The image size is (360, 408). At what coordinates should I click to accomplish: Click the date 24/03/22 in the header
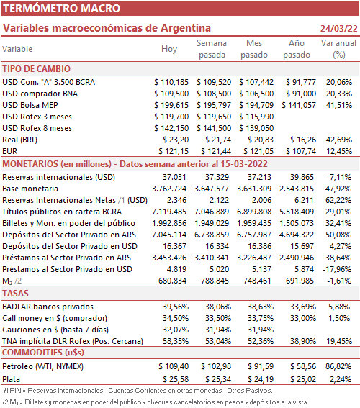coord(339,28)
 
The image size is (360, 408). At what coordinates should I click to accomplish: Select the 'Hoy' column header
coord(169,49)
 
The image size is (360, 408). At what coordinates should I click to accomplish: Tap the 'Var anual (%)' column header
coord(338,49)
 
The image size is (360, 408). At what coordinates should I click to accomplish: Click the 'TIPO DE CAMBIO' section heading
coord(37,68)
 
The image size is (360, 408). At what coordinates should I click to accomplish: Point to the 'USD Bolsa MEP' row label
coord(30,105)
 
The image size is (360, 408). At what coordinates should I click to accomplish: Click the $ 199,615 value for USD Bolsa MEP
coord(171,105)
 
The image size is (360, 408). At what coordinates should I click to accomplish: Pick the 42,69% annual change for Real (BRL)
coord(339,140)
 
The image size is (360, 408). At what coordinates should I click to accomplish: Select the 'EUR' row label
coord(10,151)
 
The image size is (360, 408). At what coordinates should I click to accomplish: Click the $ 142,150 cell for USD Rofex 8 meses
coord(171,128)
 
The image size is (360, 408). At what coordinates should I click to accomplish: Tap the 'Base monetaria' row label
coord(30,189)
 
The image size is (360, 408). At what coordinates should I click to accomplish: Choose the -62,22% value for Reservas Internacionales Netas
coord(337,200)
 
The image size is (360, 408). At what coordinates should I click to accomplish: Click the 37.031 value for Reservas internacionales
coord(174,177)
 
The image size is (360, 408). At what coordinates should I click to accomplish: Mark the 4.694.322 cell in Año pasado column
coord(297,235)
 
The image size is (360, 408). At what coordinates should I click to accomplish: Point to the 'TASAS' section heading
coord(15,294)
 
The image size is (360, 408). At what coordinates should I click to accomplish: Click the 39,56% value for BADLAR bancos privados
coord(176,307)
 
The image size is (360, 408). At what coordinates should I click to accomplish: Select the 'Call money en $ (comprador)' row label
coord(55,318)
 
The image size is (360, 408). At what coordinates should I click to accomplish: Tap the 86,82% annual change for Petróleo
coord(338,366)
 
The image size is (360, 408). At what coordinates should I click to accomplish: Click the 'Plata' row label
coord(12,379)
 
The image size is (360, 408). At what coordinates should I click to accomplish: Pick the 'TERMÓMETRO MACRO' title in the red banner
coord(62,9)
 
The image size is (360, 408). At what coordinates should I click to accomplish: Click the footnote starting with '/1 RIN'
coord(138,391)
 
